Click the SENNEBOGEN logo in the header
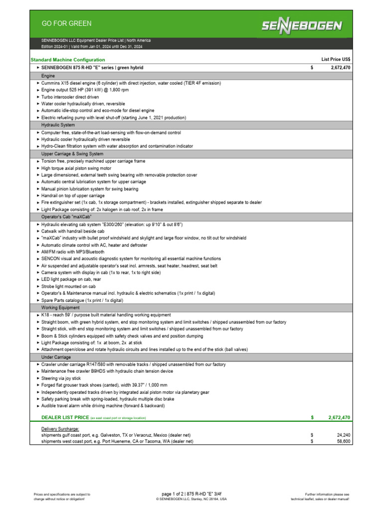303,25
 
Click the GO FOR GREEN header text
66,23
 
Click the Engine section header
48,75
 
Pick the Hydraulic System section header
58,125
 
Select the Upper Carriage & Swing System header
72,154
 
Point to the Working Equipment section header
60,308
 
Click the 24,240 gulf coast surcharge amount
343,435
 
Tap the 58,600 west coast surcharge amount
343,442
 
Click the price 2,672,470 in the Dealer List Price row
339,417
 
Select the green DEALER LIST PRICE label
65,417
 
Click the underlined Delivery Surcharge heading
59,429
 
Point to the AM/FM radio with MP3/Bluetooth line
73,252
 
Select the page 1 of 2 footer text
191,494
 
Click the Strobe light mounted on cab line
68,287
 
